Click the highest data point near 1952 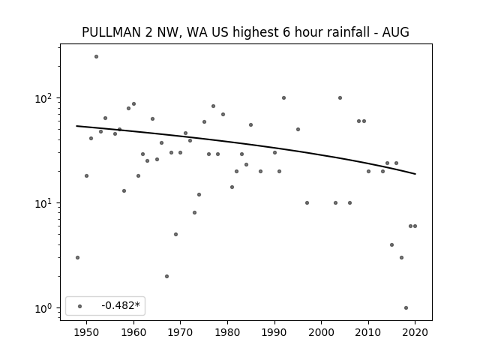(x=97, y=57)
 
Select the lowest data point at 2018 (x=406, y=308)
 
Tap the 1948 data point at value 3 (x=77, y=258)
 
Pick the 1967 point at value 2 (x=166, y=277)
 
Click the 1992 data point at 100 (x=283, y=98)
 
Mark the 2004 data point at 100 (x=340, y=98)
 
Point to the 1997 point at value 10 (x=307, y=203)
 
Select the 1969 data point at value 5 (x=175, y=235)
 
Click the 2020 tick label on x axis (x=415, y=332)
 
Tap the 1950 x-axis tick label (x=87, y=332)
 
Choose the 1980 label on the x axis (x=227, y=332)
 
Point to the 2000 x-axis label (x=322, y=332)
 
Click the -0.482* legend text (x=121, y=305)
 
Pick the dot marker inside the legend (x=80, y=306)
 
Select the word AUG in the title (x=395, y=32)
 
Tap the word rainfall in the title (x=348, y=32)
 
